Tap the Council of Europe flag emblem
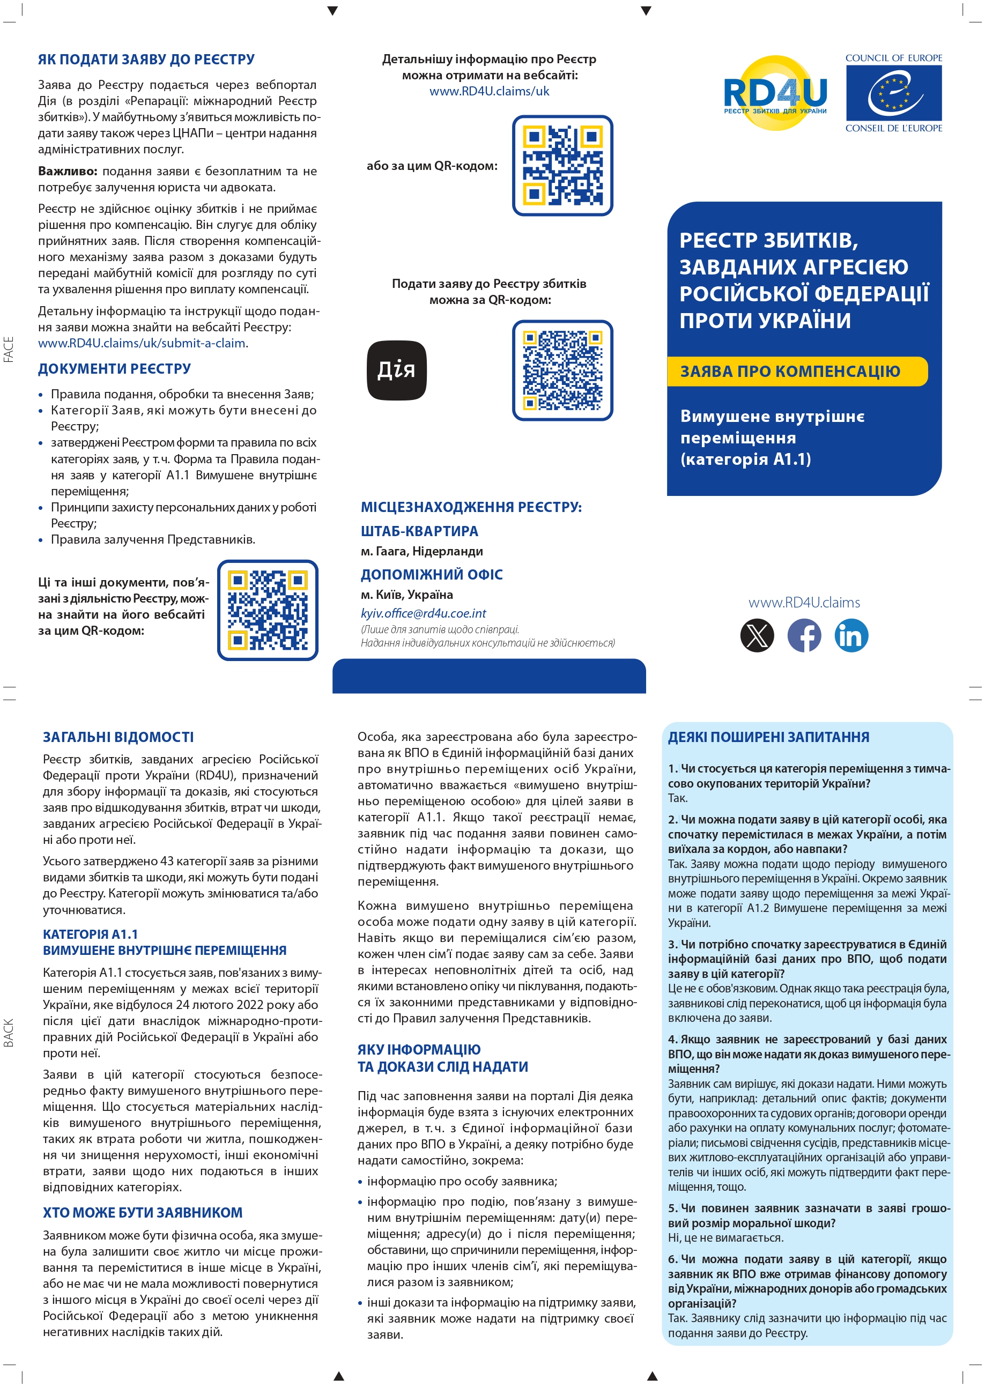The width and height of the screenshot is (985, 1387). pyautogui.click(x=893, y=93)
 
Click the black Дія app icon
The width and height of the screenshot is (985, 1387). pyautogui.click(x=397, y=370)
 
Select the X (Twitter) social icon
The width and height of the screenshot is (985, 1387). pyautogui.click(x=757, y=635)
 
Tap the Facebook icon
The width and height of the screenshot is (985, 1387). pyautogui.click(x=804, y=635)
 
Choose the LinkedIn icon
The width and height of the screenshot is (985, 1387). pyautogui.click(x=851, y=635)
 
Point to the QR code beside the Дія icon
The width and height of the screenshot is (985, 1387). pyautogui.click(x=562, y=370)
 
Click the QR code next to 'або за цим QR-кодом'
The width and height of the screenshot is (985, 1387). pyautogui.click(x=562, y=166)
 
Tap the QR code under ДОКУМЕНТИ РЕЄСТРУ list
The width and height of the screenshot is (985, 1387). pyautogui.click(x=268, y=610)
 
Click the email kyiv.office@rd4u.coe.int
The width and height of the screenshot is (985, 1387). pyautogui.click(x=424, y=613)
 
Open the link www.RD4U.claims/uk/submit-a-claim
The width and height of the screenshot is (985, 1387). pyautogui.click(x=142, y=343)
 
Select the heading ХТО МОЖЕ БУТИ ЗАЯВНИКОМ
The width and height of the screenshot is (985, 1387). pyautogui.click(x=143, y=1212)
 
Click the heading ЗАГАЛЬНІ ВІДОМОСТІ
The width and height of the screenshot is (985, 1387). pyautogui.click(x=119, y=737)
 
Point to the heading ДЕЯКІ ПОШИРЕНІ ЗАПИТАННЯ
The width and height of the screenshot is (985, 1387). pyautogui.click(x=768, y=737)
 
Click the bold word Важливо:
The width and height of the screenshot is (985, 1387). pyautogui.click(x=68, y=171)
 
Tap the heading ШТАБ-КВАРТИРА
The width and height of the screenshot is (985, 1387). pyautogui.click(x=419, y=531)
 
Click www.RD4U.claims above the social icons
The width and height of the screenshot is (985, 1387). pyautogui.click(x=804, y=602)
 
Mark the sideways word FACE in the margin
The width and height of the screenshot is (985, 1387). pyautogui.click(x=9, y=350)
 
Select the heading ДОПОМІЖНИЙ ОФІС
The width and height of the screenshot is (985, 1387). pyautogui.click(x=431, y=574)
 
